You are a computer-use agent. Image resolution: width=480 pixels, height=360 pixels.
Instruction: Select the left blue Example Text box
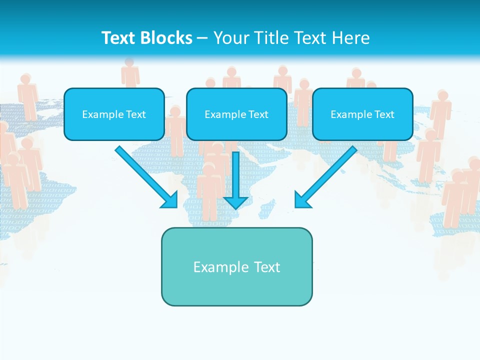tap(114, 114)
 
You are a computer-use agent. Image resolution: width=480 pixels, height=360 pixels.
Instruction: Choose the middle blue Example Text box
tap(236, 114)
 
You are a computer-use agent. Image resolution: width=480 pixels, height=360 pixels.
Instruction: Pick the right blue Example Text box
tap(362, 114)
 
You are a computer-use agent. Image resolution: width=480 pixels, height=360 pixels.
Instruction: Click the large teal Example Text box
tap(236, 266)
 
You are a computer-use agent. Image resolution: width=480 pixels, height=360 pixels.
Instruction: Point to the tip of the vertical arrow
tap(235, 207)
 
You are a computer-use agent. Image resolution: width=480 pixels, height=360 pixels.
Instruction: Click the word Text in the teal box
tap(267, 267)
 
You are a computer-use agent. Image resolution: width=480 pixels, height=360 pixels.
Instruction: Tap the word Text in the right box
tap(383, 114)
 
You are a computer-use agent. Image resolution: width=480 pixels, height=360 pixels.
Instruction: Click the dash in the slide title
tap(202, 38)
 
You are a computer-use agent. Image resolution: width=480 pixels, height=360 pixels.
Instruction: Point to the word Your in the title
tap(231, 38)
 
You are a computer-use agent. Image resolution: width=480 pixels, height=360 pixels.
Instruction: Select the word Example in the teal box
tap(221, 267)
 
